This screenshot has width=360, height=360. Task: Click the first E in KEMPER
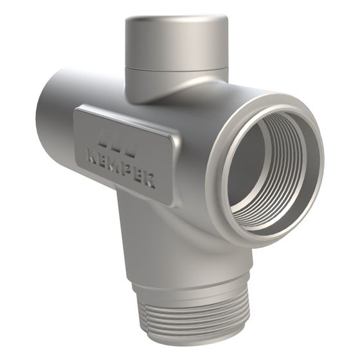(x=104, y=161)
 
